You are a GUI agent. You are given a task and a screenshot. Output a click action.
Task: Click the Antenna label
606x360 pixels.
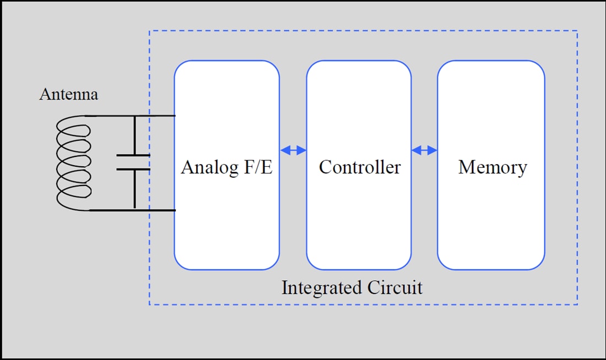tap(68, 95)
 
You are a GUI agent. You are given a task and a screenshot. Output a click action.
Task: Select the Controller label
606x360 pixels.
tap(359, 167)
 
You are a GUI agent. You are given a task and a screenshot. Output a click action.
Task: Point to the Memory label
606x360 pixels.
tap(492, 167)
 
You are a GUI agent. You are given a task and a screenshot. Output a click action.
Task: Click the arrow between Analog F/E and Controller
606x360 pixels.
tap(293, 150)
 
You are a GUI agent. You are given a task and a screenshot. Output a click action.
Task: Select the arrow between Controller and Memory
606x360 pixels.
tap(424, 150)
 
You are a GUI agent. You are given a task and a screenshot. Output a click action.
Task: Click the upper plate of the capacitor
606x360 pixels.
tap(133, 155)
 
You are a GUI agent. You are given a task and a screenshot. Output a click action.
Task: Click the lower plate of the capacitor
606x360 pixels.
tap(133, 169)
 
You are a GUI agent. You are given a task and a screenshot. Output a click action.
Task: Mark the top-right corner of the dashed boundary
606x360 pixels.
tap(577, 31)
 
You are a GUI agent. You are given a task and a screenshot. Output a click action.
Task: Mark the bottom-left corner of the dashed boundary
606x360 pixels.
tap(150, 304)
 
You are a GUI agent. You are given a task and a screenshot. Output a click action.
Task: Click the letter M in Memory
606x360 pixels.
tap(466, 167)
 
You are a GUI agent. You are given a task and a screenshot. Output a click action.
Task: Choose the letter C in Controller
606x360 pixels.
tap(325, 167)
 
